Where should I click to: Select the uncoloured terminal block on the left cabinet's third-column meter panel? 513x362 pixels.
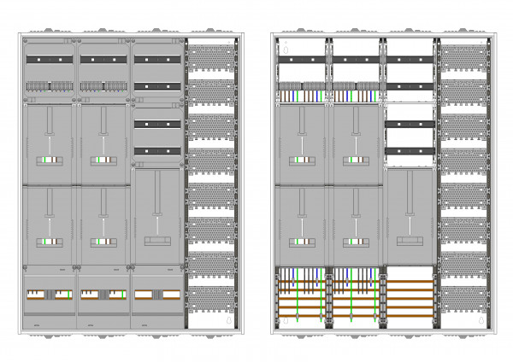pyautogui.click(x=156, y=242)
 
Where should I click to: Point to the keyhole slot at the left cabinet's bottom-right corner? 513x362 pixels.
pyautogui.click(x=230, y=323)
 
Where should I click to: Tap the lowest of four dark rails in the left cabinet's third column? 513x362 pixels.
pyautogui.click(x=156, y=151)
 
